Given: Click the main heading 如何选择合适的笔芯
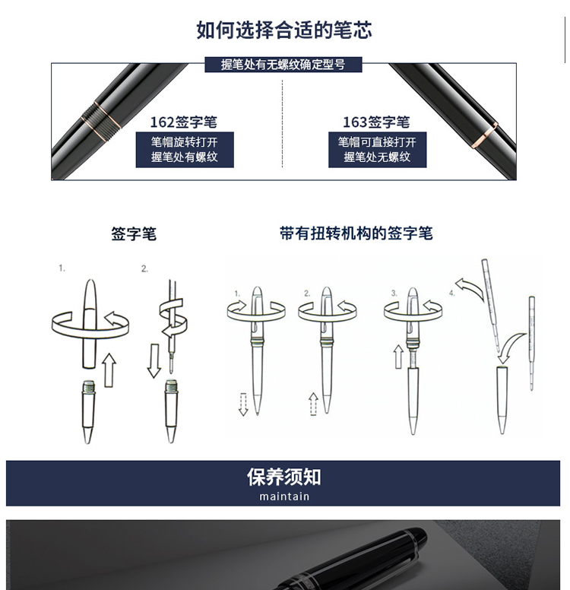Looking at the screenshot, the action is [284, 30].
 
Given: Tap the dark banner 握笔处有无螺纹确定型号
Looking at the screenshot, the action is [283, 65].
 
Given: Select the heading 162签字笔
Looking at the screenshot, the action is [184, 122].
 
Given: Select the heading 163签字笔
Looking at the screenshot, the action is [376, 122].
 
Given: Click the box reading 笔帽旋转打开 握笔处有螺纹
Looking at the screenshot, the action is [185, 149].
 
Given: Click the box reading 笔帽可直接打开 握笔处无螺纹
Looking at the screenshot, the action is [378, 149].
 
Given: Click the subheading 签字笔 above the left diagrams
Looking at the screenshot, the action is [134, 233].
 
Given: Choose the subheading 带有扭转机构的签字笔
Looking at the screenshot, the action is [356, 233].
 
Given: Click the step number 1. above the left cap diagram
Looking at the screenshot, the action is [62, 268].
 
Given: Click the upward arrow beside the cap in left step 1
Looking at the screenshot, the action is [109, 370].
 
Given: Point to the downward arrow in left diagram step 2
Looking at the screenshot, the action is [154, 360].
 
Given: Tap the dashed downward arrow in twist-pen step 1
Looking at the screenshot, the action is [243, 404].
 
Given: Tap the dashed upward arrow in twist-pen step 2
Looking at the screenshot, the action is [313, 404].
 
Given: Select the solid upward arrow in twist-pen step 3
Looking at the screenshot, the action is [398, 357].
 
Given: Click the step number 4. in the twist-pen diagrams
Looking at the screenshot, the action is [452, 293].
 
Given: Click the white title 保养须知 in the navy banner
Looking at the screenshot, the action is [283, 477].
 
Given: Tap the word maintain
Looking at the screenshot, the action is [284, 496].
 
